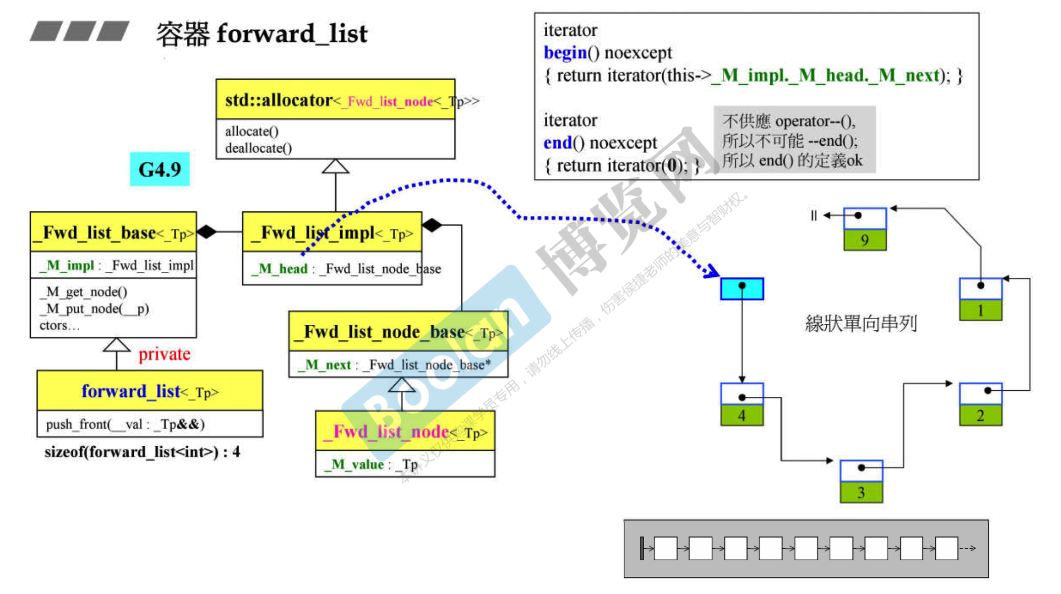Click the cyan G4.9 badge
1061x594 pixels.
[160, 169]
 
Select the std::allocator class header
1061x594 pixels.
[335, 100]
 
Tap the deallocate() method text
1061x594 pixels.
[258, 148]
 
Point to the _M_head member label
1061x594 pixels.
[280, 269]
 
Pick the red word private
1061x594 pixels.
[164, 354]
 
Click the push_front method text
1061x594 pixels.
[125, 424]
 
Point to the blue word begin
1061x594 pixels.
[565, 53]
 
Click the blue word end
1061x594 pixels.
[557, 143]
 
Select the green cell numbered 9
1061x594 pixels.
[865, 240]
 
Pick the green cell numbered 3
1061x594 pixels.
[861, 492]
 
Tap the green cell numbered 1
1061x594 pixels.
[980, 310]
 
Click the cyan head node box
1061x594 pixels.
[741, 289]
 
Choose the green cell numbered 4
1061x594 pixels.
[741, 415]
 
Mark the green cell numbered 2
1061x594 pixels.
[980, 415]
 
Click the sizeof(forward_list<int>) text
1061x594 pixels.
[142, 452]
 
